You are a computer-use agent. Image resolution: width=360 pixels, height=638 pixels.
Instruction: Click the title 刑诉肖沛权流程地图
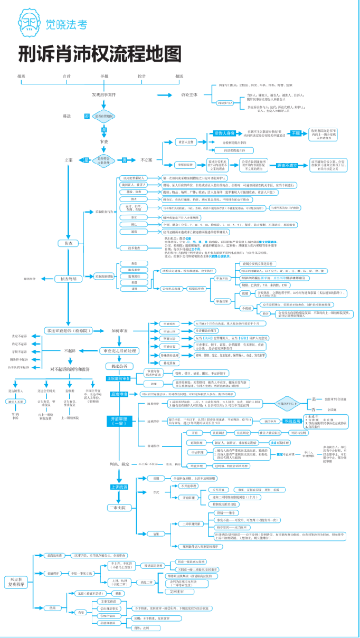coord(100,54)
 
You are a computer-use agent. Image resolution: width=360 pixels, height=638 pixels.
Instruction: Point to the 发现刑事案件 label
coord(104,94)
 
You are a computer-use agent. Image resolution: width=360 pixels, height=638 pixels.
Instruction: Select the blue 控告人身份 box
coord(227,133)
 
